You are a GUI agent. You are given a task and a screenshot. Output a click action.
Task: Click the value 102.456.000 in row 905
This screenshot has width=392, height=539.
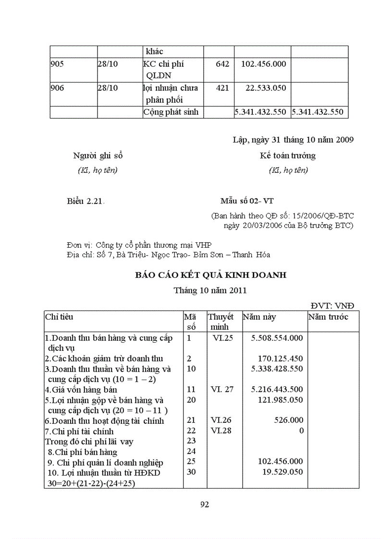pos(264,64)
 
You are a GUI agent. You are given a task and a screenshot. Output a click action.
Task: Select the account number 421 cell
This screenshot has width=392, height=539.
pos(222,88)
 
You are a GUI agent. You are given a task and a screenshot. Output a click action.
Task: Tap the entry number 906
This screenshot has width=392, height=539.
pos(57,88)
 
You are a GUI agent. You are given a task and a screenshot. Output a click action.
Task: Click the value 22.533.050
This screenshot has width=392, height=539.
pos(266,88)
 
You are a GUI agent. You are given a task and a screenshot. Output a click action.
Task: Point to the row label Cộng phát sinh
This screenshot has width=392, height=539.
pos(171,112)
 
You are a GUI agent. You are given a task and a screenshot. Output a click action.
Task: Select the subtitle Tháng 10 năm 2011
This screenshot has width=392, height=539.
pos(210,290)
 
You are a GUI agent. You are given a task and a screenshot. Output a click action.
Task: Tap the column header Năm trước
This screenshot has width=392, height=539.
pos(328,317)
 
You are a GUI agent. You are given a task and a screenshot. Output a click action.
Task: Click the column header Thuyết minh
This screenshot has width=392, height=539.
pos(220,322)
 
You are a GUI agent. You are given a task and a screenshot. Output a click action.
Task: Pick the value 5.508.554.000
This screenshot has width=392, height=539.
pos(277,338)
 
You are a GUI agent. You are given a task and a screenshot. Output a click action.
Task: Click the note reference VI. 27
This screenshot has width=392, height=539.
pos(222,389)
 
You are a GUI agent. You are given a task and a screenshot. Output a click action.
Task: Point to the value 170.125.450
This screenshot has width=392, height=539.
pos(281,359)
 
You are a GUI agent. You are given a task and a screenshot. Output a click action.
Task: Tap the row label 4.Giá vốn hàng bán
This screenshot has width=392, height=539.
pos(81,390)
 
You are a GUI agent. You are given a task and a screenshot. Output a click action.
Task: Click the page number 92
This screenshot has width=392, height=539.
pos(204,504)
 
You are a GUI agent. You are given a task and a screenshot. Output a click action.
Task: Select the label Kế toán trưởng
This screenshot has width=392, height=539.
pos(287,156)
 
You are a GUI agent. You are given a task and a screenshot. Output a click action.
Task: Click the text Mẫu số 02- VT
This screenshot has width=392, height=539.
pos(247,201)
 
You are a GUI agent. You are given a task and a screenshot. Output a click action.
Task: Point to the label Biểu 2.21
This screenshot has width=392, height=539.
pos(85,202)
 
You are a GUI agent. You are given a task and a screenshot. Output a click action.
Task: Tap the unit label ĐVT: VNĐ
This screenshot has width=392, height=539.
pos(332,306)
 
